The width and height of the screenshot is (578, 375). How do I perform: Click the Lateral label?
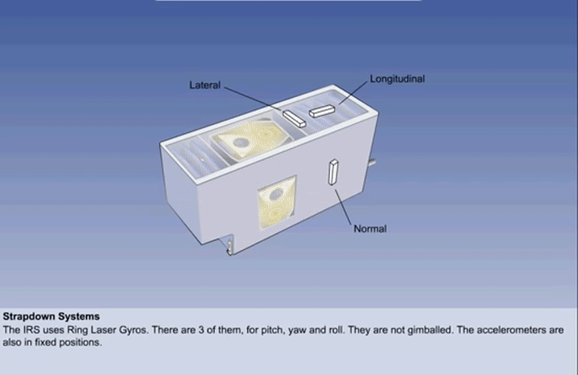tap(205, 85)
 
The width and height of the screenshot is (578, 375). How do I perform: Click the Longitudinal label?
tap(397, 79)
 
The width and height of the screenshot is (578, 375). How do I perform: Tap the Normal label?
tap(370, 228)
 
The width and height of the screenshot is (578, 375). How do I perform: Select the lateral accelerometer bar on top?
tap(294, 119)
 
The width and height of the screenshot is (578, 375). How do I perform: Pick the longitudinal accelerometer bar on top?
tap(322, 111)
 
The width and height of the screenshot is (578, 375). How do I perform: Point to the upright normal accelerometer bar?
tap(333, 171)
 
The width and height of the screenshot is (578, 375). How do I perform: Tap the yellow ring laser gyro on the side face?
tap(277, 203)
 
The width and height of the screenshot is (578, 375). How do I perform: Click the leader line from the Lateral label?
tap(254, 99)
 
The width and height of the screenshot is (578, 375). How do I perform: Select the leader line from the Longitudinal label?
tap(353, 93)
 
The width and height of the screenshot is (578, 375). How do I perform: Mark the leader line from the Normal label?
tap(343, 206)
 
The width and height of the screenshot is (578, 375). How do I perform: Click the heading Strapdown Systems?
tap(51, 317)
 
